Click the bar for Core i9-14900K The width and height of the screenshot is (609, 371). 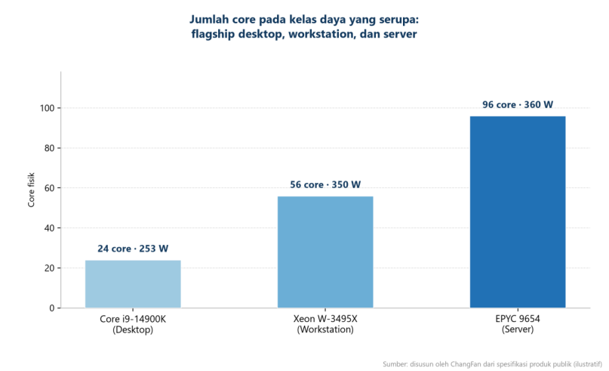(x=133, y=284)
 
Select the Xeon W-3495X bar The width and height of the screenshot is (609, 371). (x=325, y=252)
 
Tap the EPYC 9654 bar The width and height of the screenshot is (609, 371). (x=518, y=212)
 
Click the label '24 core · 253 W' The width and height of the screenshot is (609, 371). (x=133, y=249)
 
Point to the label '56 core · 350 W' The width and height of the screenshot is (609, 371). (x=325, y=184)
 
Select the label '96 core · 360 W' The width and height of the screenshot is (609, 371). (x=518, y=104)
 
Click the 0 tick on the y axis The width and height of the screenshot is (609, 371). (x=52, y=308)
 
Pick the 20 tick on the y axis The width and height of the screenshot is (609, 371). (x=49, y=268)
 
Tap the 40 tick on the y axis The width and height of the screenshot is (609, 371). (x=49, y=228)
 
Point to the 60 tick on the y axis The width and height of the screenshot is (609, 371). (x=49, y=188)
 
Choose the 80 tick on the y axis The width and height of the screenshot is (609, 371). (x=49, y=148)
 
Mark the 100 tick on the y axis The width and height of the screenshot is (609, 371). (x=48, y=108)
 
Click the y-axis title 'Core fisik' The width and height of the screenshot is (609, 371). (x=31, y=190)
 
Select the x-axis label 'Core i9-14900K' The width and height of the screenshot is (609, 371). (x=133, y=320)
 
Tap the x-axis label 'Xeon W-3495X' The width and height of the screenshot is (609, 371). (x=325, y=320)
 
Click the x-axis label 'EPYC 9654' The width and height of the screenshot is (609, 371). (x=518, y=320)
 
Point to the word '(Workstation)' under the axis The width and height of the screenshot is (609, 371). (x=325, y=329)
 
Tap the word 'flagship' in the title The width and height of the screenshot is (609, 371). (x=214, y=34)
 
